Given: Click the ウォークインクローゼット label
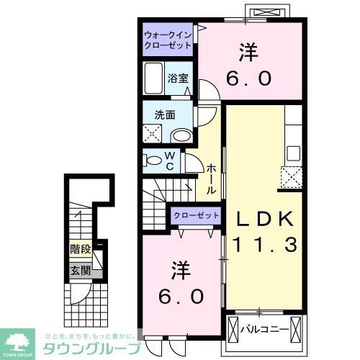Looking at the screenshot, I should point(168,40).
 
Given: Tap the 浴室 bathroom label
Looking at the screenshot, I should point(179,78).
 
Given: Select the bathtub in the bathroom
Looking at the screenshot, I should point(155,78).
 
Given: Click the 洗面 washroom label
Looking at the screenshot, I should point(164,114).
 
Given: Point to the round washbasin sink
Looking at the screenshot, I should point(183,135).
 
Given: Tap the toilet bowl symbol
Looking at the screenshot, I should point(155,161).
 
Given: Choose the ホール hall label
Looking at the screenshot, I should point(211,179).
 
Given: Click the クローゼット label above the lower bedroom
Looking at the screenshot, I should point(195,215).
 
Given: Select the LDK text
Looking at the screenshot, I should point(261,218).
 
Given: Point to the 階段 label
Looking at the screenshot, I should point(80,251).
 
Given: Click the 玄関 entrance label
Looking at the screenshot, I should point(80,271).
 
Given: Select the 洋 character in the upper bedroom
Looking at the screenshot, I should point(249,52).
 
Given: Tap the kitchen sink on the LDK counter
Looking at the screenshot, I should point(293,152).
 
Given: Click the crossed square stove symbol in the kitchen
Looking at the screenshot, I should point(291,177).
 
